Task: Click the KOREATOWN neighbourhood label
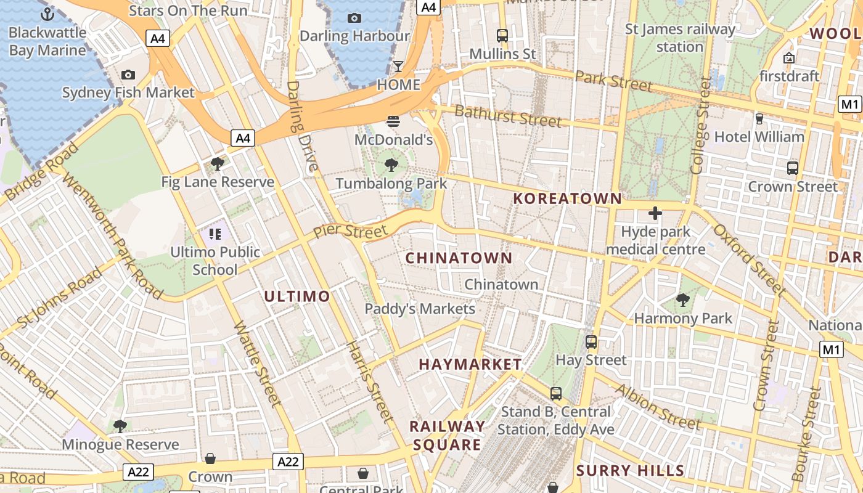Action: (568, 198)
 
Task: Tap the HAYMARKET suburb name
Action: (470, 364)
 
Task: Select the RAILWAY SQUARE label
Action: (448, 436)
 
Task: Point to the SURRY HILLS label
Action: (630, 471)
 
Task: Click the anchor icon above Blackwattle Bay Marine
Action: (47, 14)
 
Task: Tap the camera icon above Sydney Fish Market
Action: (128, 75)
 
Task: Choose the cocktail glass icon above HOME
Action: (398, 67)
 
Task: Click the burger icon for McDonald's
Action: (393, 121)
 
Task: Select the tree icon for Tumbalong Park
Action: (391, 165)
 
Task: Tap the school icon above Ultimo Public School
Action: (215, 234)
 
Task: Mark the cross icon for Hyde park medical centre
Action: (655, 214)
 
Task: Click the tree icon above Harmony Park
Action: (682, 300)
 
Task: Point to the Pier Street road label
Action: (350, 231)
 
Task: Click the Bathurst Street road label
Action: (508, 116)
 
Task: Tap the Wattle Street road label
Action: (258, 364)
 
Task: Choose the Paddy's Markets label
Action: (420, 309)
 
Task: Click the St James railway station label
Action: (680, 38)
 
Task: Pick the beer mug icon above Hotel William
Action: (759, 118)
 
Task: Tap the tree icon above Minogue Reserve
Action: (120, 426)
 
